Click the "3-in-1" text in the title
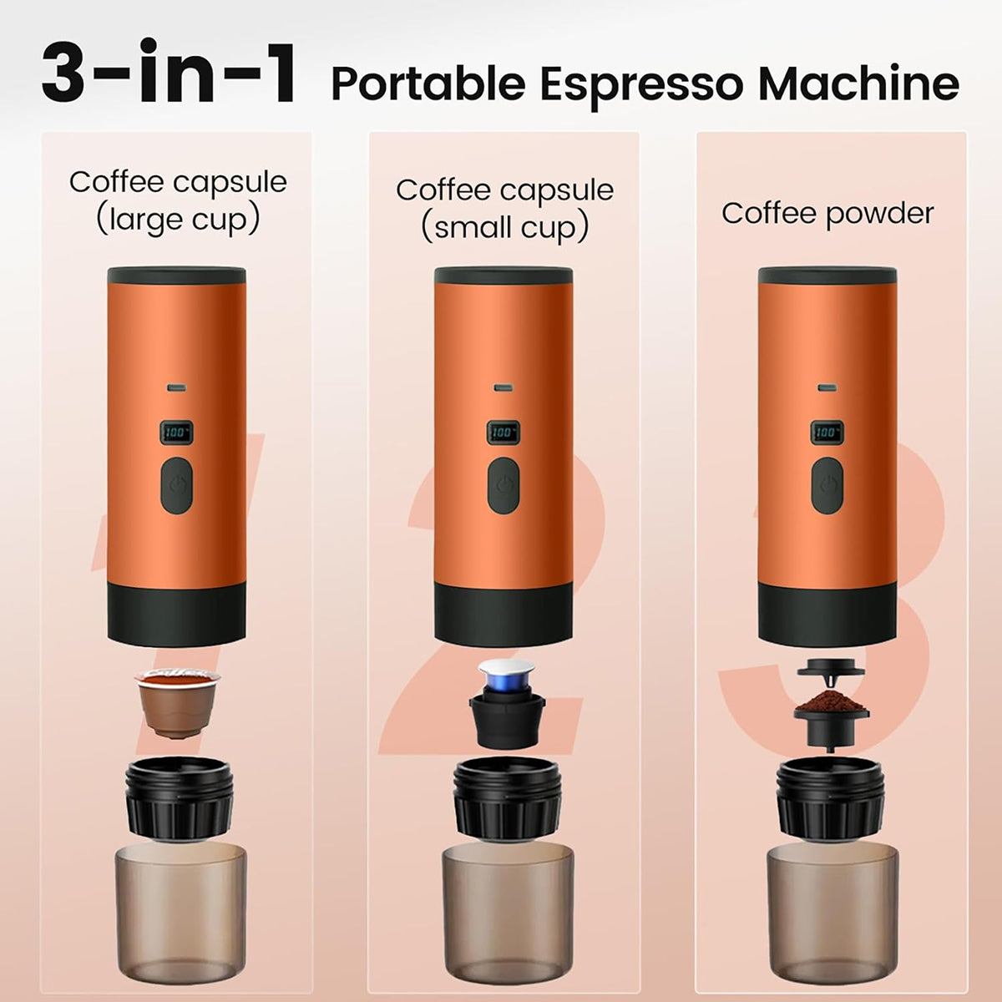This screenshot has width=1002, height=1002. [169, 73]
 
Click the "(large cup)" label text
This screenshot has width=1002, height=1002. [178, 220]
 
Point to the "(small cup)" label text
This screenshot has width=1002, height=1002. [504, 228]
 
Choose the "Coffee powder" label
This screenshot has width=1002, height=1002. [827, 214]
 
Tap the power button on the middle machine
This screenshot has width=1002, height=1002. [504, 486]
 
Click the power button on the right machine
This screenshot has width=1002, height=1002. [827, 486]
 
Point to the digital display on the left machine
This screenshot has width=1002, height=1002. [176, 432]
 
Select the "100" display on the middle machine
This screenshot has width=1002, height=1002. [503, 432]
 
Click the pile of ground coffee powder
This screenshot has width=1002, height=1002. [831, 702]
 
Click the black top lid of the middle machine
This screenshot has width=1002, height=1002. [504, 276]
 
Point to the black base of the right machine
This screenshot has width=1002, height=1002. [827, 615]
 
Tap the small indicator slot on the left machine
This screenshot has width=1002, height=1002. [176, 387]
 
